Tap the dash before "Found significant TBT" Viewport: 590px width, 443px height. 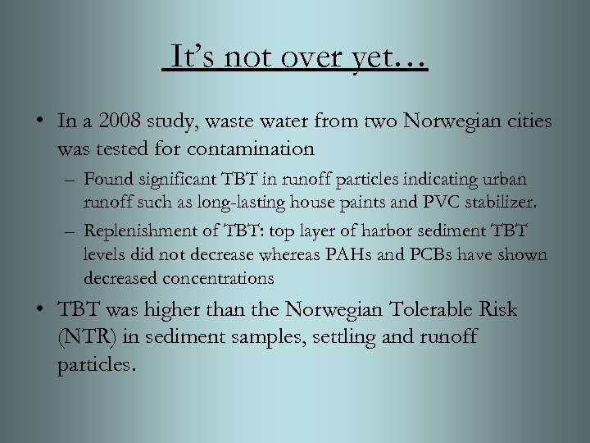pos(72,180)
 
